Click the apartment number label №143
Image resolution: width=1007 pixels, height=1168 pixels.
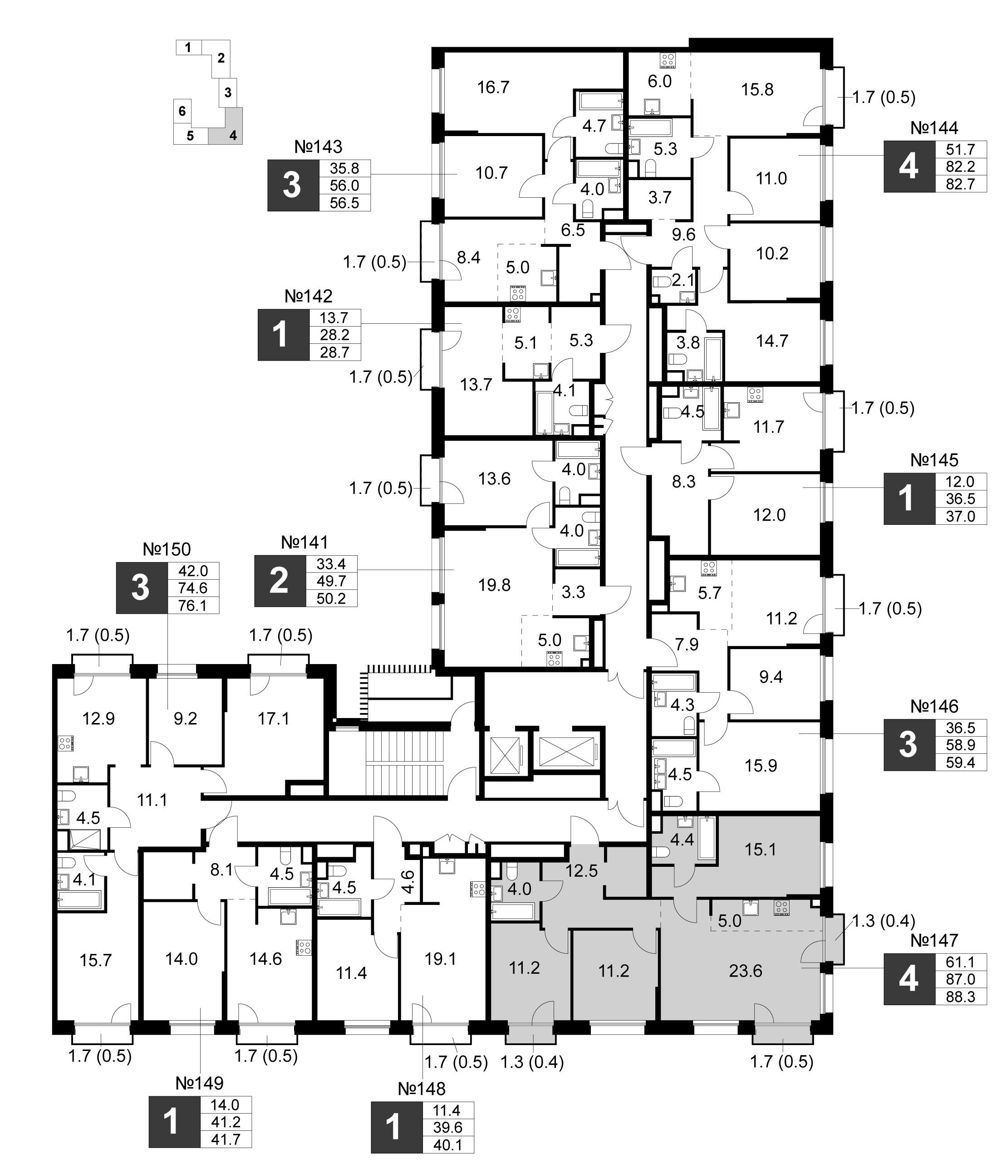(318, 147)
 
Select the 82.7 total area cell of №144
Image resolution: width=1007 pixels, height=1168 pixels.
(961, 184)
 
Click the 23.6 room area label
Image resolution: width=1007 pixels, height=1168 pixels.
(746, 971)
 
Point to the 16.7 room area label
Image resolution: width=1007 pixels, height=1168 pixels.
(493, 88)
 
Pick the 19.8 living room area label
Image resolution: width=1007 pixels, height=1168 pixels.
(495, 585)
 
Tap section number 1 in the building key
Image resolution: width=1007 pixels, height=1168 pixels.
(188, 47)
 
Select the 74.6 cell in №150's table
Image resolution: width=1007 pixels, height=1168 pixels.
(193, 588)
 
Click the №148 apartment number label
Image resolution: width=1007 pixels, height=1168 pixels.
(422, 1088)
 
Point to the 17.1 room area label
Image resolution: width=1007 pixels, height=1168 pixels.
(274, 719)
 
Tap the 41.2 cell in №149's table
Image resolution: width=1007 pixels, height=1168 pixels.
(226, 1122)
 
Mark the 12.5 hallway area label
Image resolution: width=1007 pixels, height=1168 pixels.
(581, 871)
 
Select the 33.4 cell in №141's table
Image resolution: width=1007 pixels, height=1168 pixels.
(332, 564)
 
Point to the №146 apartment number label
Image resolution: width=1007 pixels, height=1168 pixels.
(934, 706)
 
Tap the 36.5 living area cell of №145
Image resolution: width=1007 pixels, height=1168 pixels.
(961, 499)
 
